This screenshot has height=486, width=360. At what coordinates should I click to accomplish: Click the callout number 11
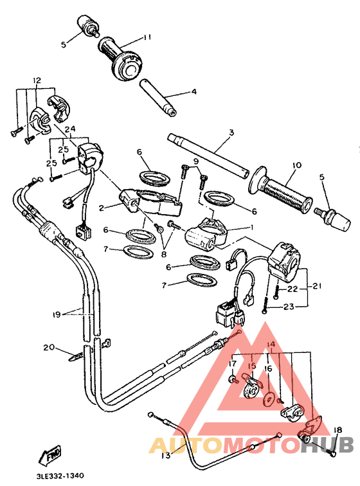(147, 37)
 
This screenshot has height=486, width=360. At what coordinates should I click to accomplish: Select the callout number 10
(294, 165)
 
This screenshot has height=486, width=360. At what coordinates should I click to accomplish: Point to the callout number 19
(57, 314)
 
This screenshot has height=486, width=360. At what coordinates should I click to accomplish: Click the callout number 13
(165, 455)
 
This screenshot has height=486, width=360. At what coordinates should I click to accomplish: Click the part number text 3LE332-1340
(61, 476)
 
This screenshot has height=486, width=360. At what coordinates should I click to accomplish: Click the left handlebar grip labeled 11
(122, 57)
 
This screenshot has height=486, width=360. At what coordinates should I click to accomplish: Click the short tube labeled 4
(158, 98)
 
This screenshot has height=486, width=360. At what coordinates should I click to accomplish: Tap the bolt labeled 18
(332, 453)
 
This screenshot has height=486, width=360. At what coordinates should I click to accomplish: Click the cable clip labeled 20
(75, 354)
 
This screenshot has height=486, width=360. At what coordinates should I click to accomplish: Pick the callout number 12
(36, 81)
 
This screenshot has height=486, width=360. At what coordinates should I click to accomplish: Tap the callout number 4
(193, 92)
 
